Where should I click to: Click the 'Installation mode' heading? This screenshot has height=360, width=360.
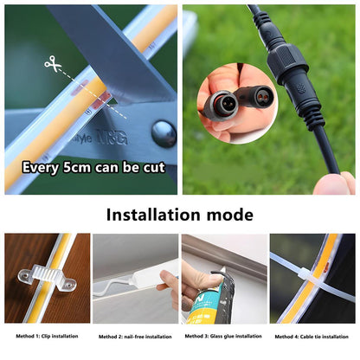click(180, 214)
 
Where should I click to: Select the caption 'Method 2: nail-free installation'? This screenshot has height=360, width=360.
click(134, 336)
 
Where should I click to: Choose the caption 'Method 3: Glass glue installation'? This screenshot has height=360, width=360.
click(224, 336)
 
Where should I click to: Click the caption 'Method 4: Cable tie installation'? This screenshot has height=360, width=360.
click(313, 336)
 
